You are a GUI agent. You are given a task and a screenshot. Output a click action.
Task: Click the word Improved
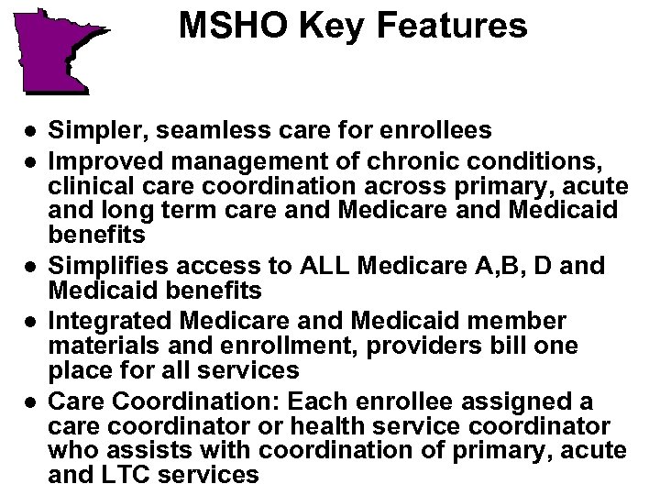coord(96,163)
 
